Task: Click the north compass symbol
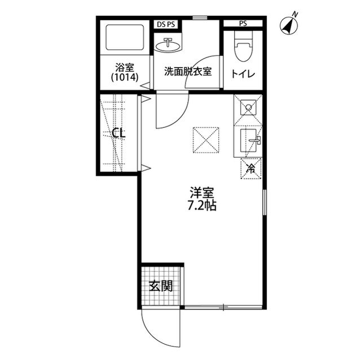point(290,24)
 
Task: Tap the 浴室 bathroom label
point(125,66)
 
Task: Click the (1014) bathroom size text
point(125,77)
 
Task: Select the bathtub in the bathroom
point(125,37)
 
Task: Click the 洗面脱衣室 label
point(188,72)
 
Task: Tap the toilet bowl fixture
point(243,46)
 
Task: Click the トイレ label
point(243,73)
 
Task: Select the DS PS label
point(165,24)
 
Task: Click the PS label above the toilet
point(243,24)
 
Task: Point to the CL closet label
point(118,134)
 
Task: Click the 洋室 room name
point(201,192)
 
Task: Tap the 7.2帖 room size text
point(201,205)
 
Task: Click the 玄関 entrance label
point(160,286)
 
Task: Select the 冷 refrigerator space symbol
point(251,167)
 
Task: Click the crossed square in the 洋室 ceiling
point(205,140)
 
